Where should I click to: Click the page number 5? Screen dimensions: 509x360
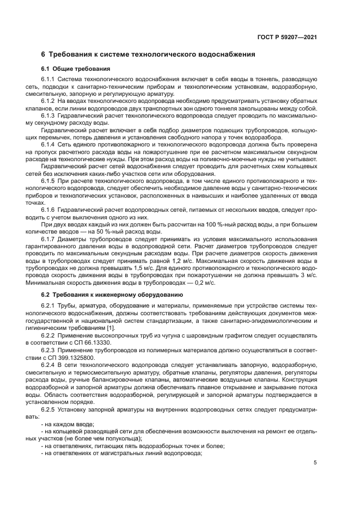pos(315,463)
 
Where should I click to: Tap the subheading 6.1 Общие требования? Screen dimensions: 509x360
pos(76,69)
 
